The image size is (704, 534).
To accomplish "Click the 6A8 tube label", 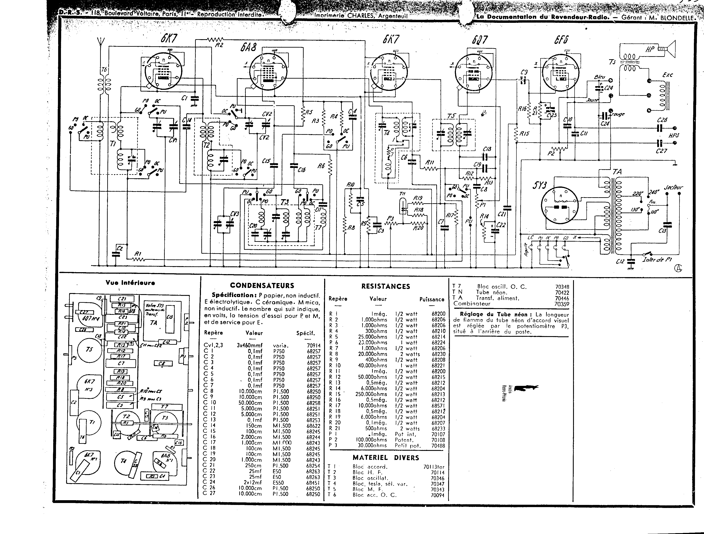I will click(248, 48).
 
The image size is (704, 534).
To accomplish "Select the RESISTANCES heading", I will click(385, 286).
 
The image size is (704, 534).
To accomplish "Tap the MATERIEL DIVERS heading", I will click(386, 458).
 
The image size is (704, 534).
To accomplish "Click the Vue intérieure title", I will click(130, 283).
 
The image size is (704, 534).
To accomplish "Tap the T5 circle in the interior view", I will click(89, 350).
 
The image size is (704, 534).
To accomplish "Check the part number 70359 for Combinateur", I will click(562, 304).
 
